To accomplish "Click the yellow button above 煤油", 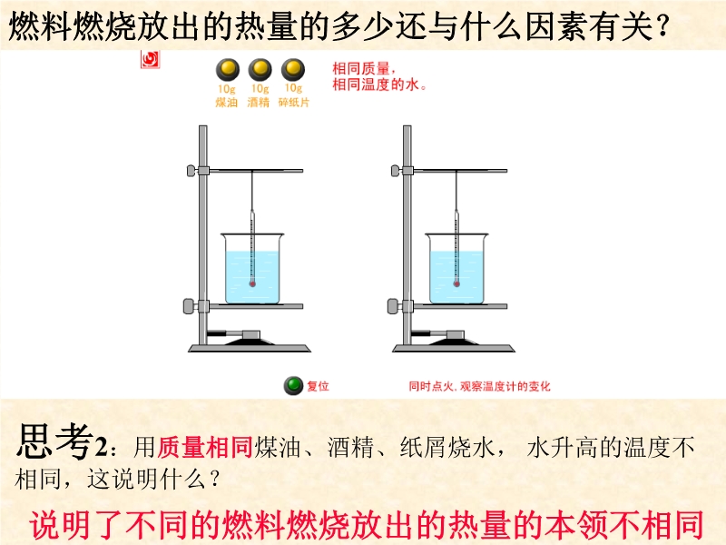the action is tap(228, 70).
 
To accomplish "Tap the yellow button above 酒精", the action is tap(260, 70).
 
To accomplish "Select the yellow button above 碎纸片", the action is tap(293, 70).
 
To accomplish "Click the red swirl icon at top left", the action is tap(150, 60).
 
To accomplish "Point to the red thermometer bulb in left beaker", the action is tap(252, 283).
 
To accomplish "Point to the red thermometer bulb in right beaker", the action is tap(456, 283).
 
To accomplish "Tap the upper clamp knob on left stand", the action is tap(191, 171).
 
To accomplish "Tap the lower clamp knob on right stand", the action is tap(394, 306).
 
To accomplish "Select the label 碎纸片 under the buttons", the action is tap(293, 103).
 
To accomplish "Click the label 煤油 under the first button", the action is tap(226, 103).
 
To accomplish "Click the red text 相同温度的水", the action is tap(378, 84).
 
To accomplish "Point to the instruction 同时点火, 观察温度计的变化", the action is tap(479, 386).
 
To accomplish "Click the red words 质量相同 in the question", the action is tap(205, 448).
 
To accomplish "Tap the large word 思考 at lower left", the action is tap(54, 441).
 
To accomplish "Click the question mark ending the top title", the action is tap(662, 26).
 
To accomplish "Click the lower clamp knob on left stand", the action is tap(190, 306).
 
